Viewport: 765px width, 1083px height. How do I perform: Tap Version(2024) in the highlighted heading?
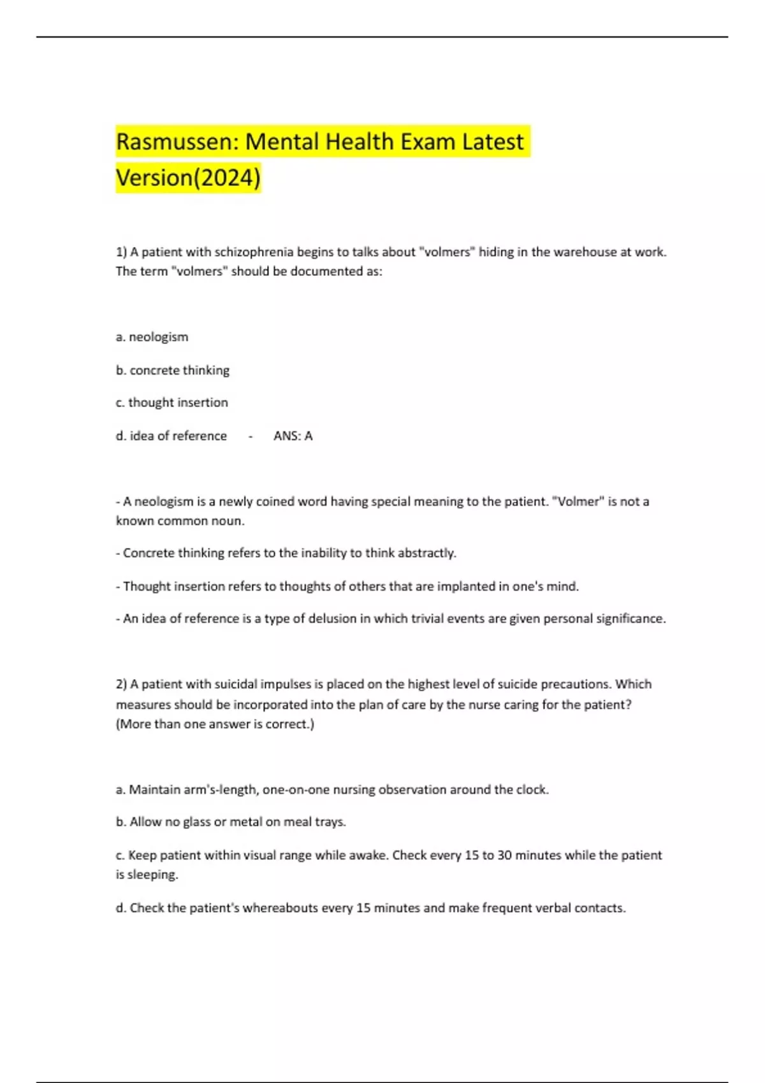tap(188, 177)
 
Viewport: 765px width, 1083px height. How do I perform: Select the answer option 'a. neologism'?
tap(152, 337)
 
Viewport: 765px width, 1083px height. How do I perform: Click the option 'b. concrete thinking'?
tap(172, 370)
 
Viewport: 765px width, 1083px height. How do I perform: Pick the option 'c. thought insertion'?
tap(171, 403)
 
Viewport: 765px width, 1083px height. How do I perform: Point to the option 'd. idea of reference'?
tap(171, 436)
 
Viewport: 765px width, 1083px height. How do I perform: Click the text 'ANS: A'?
tap(293, 436)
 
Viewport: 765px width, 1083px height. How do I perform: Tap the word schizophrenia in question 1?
tap(254, 252)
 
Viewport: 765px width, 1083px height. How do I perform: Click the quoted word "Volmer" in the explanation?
tap(579, 501)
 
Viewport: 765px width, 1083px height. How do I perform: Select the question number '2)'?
tap(121, 684)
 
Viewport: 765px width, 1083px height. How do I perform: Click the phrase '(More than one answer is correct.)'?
tap(215, 724)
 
